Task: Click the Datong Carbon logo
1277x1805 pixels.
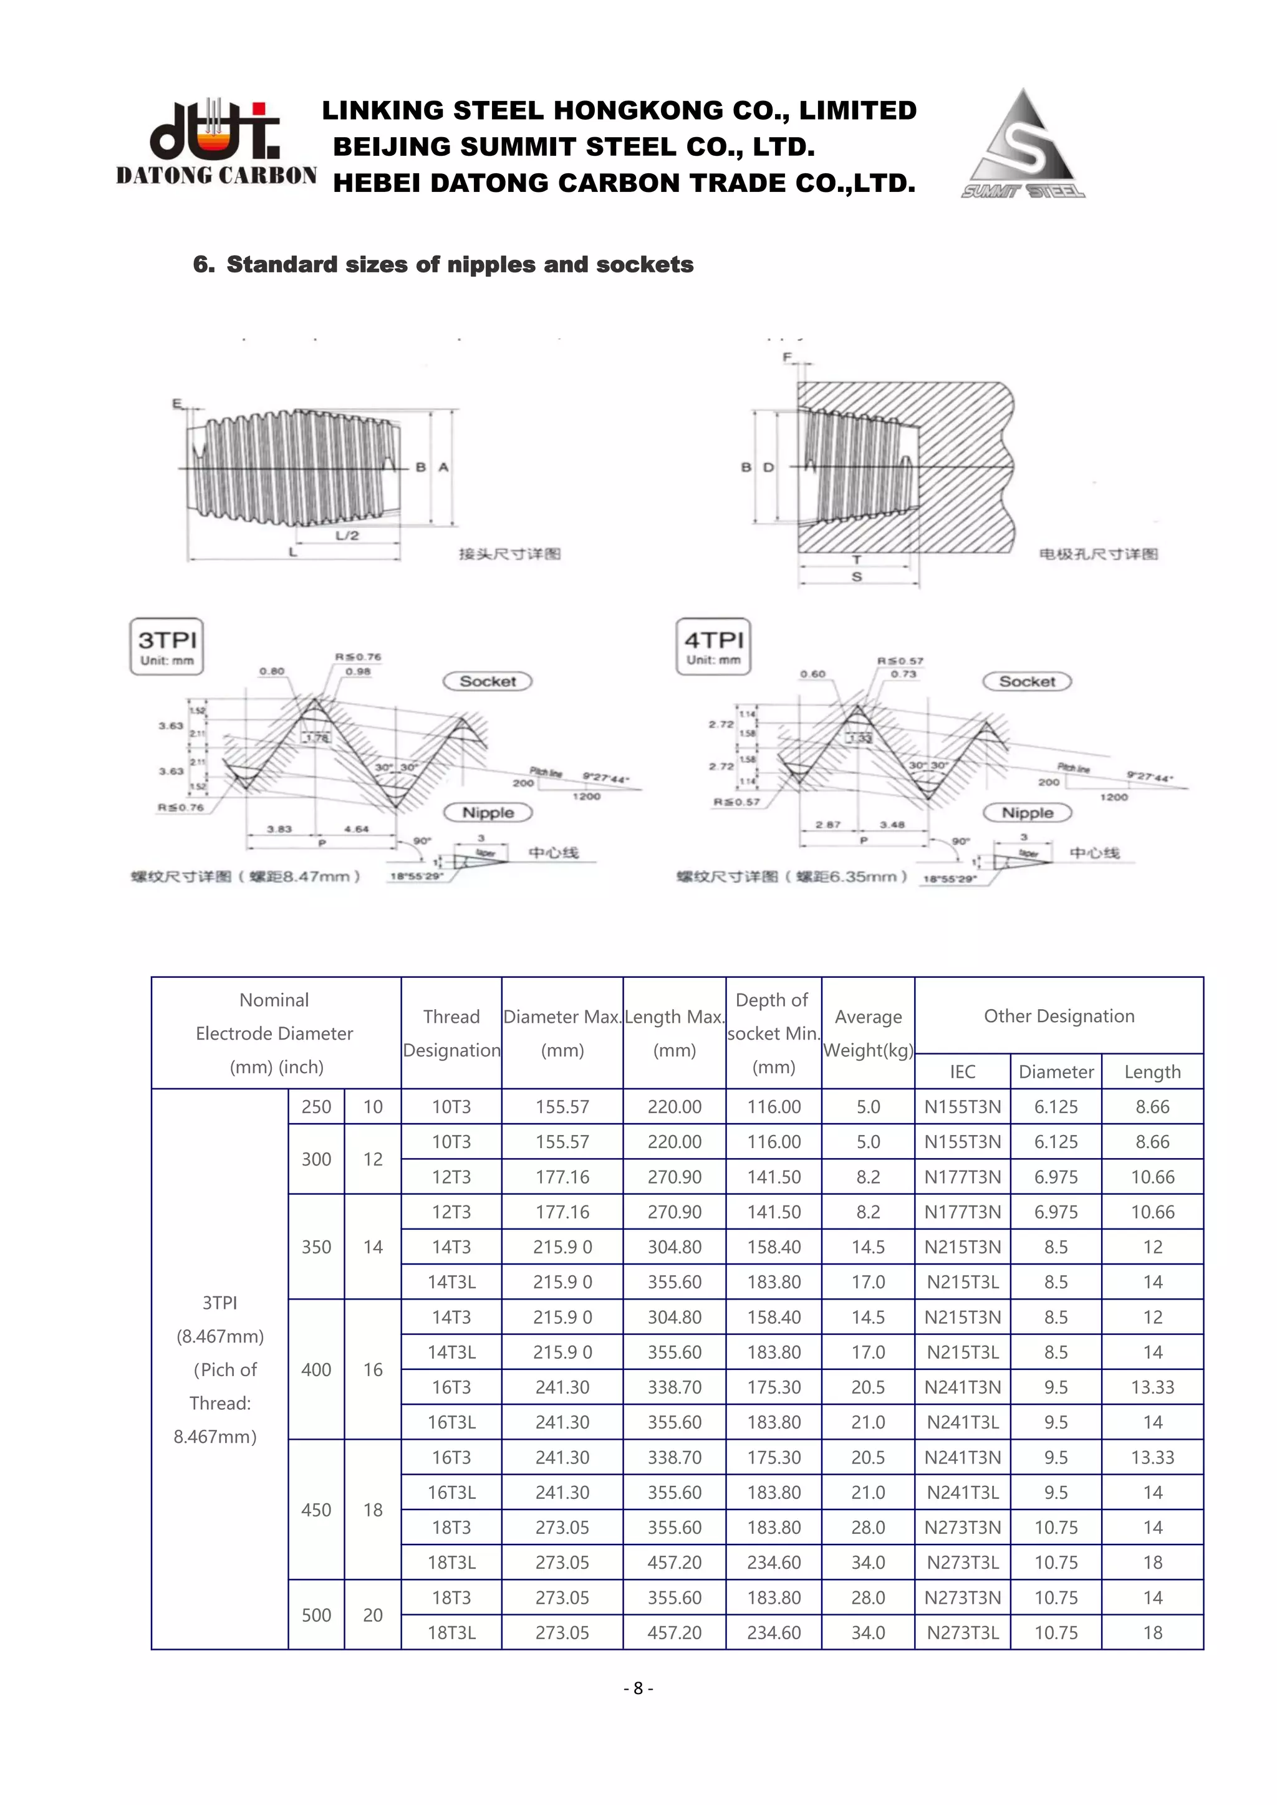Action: (x=216, y=142)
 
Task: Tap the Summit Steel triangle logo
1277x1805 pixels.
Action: (x=1022, y=145)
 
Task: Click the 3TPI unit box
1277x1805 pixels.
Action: (x=166, y=646)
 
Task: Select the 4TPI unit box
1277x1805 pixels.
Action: (x=713, y=646)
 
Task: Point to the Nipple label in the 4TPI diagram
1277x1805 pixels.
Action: (x=1027, y=813)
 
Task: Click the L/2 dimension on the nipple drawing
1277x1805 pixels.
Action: (x=347, y=535)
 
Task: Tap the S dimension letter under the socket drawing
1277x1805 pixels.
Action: (x=857, y=577)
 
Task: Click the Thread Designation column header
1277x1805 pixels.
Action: (x=451, y=1033)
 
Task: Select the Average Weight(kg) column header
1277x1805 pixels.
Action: (x=868, y=1033)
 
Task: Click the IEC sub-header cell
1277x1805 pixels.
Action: (x=963, y=1071)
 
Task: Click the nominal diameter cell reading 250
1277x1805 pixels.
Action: (x=316, y=1107)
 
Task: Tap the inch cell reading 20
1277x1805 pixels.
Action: (x=373, y=1615)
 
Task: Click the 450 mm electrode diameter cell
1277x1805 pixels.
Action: (x=316, y=1510)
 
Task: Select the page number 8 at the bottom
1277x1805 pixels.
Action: (x=638, y=1688)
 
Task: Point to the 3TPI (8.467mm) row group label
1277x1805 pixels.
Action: (x=219, y=1369)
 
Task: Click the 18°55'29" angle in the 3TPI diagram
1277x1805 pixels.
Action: (x=417, y=876)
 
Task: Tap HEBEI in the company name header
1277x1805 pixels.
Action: (x=377, y=183)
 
